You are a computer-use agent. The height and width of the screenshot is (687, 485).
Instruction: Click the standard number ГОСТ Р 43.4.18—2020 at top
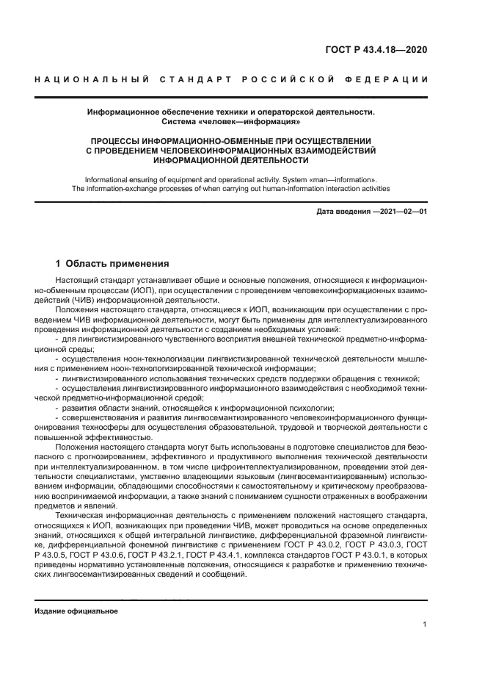coord(376,51)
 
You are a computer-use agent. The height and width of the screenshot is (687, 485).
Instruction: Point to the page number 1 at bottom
coord(425,624)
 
